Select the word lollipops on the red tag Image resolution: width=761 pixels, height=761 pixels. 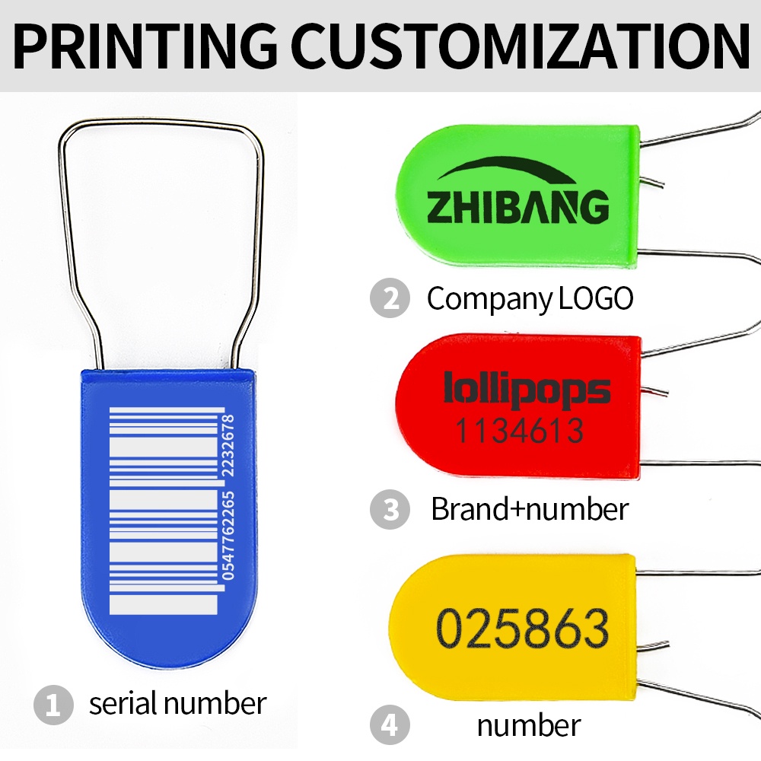(x=527, y=389)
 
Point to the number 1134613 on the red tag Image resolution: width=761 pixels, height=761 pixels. (x=519, y=431)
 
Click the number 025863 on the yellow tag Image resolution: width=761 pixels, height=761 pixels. (x=523, y=628)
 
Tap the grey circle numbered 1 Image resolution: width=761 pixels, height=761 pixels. (x=53, y=705)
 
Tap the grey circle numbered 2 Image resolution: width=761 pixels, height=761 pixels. (x=390, y=298)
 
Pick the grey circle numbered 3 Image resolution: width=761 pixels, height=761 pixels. (x=390, y=509)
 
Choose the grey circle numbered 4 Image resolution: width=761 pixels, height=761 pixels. (x=390, y=725)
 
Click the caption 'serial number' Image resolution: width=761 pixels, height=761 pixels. (x=177, y=703)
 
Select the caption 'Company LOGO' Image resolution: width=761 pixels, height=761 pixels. (x=530, y=298)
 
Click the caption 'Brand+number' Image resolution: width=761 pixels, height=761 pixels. (x=530, y=509)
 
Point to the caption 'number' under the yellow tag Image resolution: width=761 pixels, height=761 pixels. (x=529, y=725)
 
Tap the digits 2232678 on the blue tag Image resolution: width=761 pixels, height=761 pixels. (x=228, y=445)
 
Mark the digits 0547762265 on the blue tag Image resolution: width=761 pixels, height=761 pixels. (x=228, y=536)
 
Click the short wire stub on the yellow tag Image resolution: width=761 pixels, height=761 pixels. (x=652, y=646)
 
